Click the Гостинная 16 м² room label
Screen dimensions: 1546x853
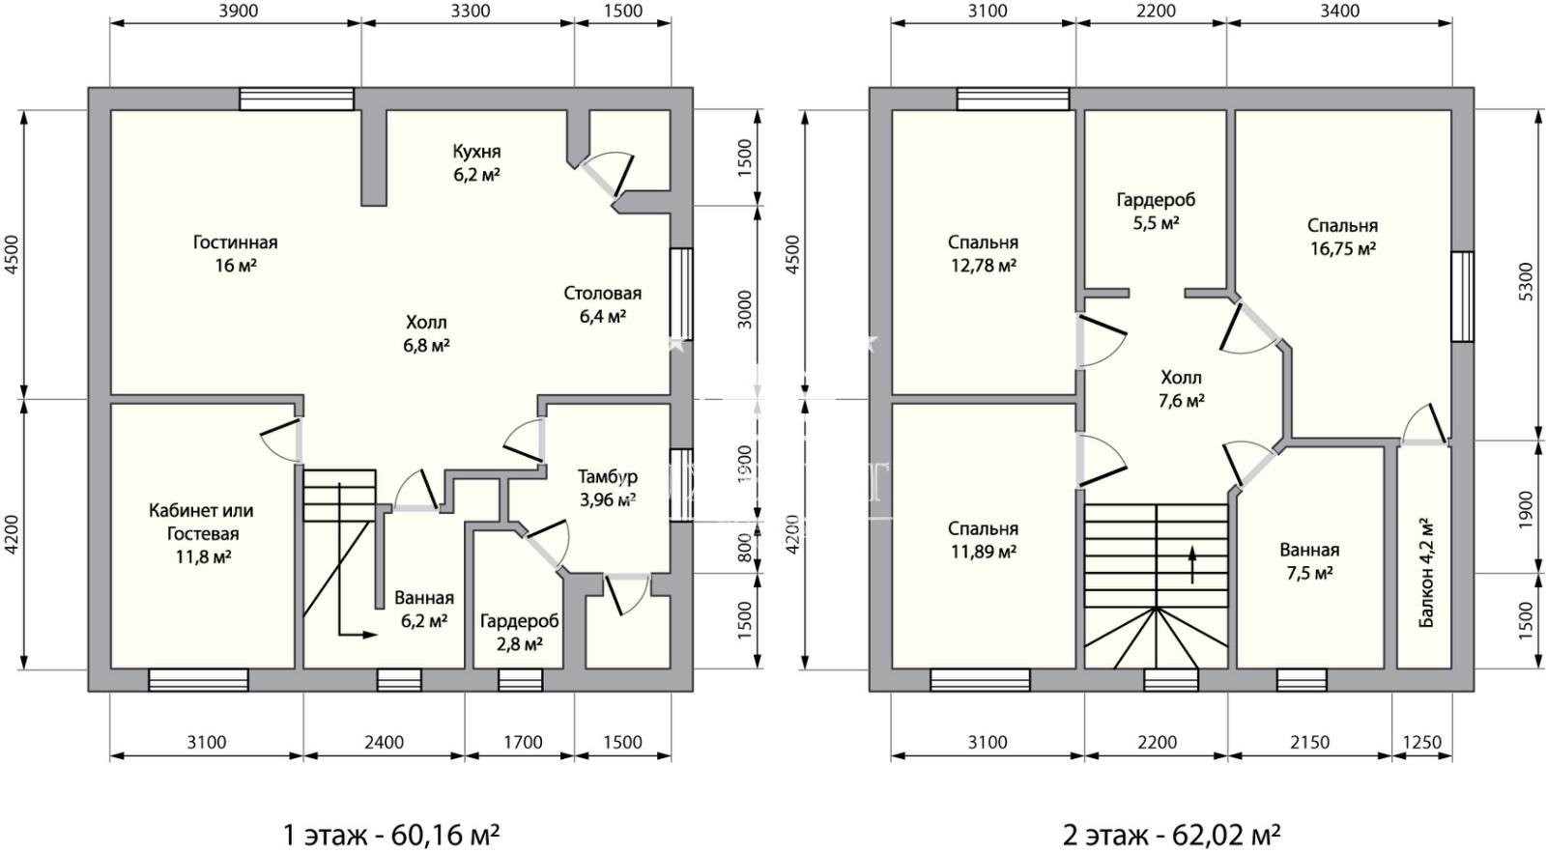pyautogui.click(x=236, y=253)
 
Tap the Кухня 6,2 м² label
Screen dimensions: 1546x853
pyautogui.click(x=476, y=162)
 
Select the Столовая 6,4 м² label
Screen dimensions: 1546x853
pyautogui.click(x=603, y=304)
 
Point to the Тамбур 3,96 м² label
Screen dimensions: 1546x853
pyautogui.click(x=608, y=488)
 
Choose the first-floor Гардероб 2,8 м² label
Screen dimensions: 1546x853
pyautogui.click(x=520, y=632)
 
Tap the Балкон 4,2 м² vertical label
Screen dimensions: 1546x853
pyautogui.click(x=1426, y=573)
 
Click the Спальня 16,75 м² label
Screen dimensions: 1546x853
pyautogui.click(x=1342, y=237)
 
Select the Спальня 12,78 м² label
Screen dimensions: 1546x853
pyautogui.click(x=983, y=253)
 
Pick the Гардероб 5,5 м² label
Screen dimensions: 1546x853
pyautogui.click(x=1156, y=211)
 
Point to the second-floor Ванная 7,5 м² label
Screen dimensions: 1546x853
pyautogui.click(x=1309, y=561)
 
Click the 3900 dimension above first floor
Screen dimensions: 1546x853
pyautogui.click(x=238, y=11)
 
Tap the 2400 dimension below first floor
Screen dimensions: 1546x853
pyautogui.click(x=384, y=743)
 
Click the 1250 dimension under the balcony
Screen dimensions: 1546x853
pyautogui.click(x=1422, y=743)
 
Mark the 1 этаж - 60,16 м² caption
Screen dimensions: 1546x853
pyautogui.click(x=391, y=836)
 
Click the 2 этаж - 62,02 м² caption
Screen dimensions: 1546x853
pyautogui.click(x=1171, y=836)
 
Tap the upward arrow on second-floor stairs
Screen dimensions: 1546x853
pyautogui.click(x=1192, y=564)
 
